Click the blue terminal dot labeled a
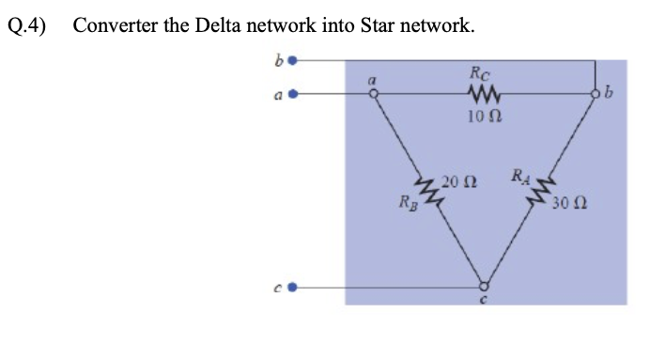[294, 94]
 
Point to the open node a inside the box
[373, 94]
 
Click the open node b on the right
[595, 95]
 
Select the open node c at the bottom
[484, 287]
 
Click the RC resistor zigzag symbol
[484, 94]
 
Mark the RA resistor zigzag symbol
[540, 191]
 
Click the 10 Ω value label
[485, 117]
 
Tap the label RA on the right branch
[520, 175]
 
